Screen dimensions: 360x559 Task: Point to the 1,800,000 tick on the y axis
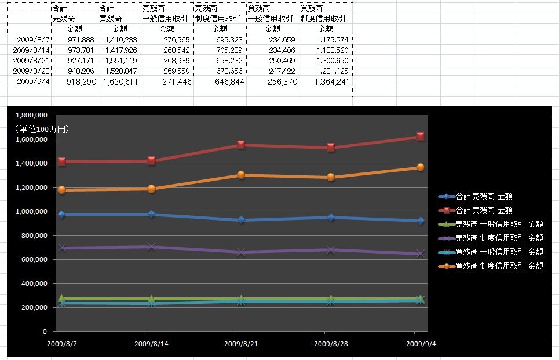pyautogui.click(x=31, y=115)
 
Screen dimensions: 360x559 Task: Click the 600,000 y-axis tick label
pyautogui.click(x=34, y=259)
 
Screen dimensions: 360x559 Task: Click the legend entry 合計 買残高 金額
pyautogui.click(x=484, y=210)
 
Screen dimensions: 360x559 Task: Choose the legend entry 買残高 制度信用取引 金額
pyautogui.click(x=499, y=266)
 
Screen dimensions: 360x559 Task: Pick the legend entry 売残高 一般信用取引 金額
pyautogui.click(x=499, y=224)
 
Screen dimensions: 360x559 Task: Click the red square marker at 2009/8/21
pyautogui.click(x=241, y=145)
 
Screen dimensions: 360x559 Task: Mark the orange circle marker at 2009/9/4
pyautogui.click(x=421, y=167)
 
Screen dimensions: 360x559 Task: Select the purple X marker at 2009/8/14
pyautogui.click(x=152, y=247)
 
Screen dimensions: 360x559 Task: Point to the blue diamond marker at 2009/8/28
pyautogui.click(x=331, y=218)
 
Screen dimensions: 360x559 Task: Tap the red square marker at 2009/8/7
pyautogui.click(x=61, y=161)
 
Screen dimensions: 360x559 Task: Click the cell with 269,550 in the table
pyautogui.click(x=169, y=71)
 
